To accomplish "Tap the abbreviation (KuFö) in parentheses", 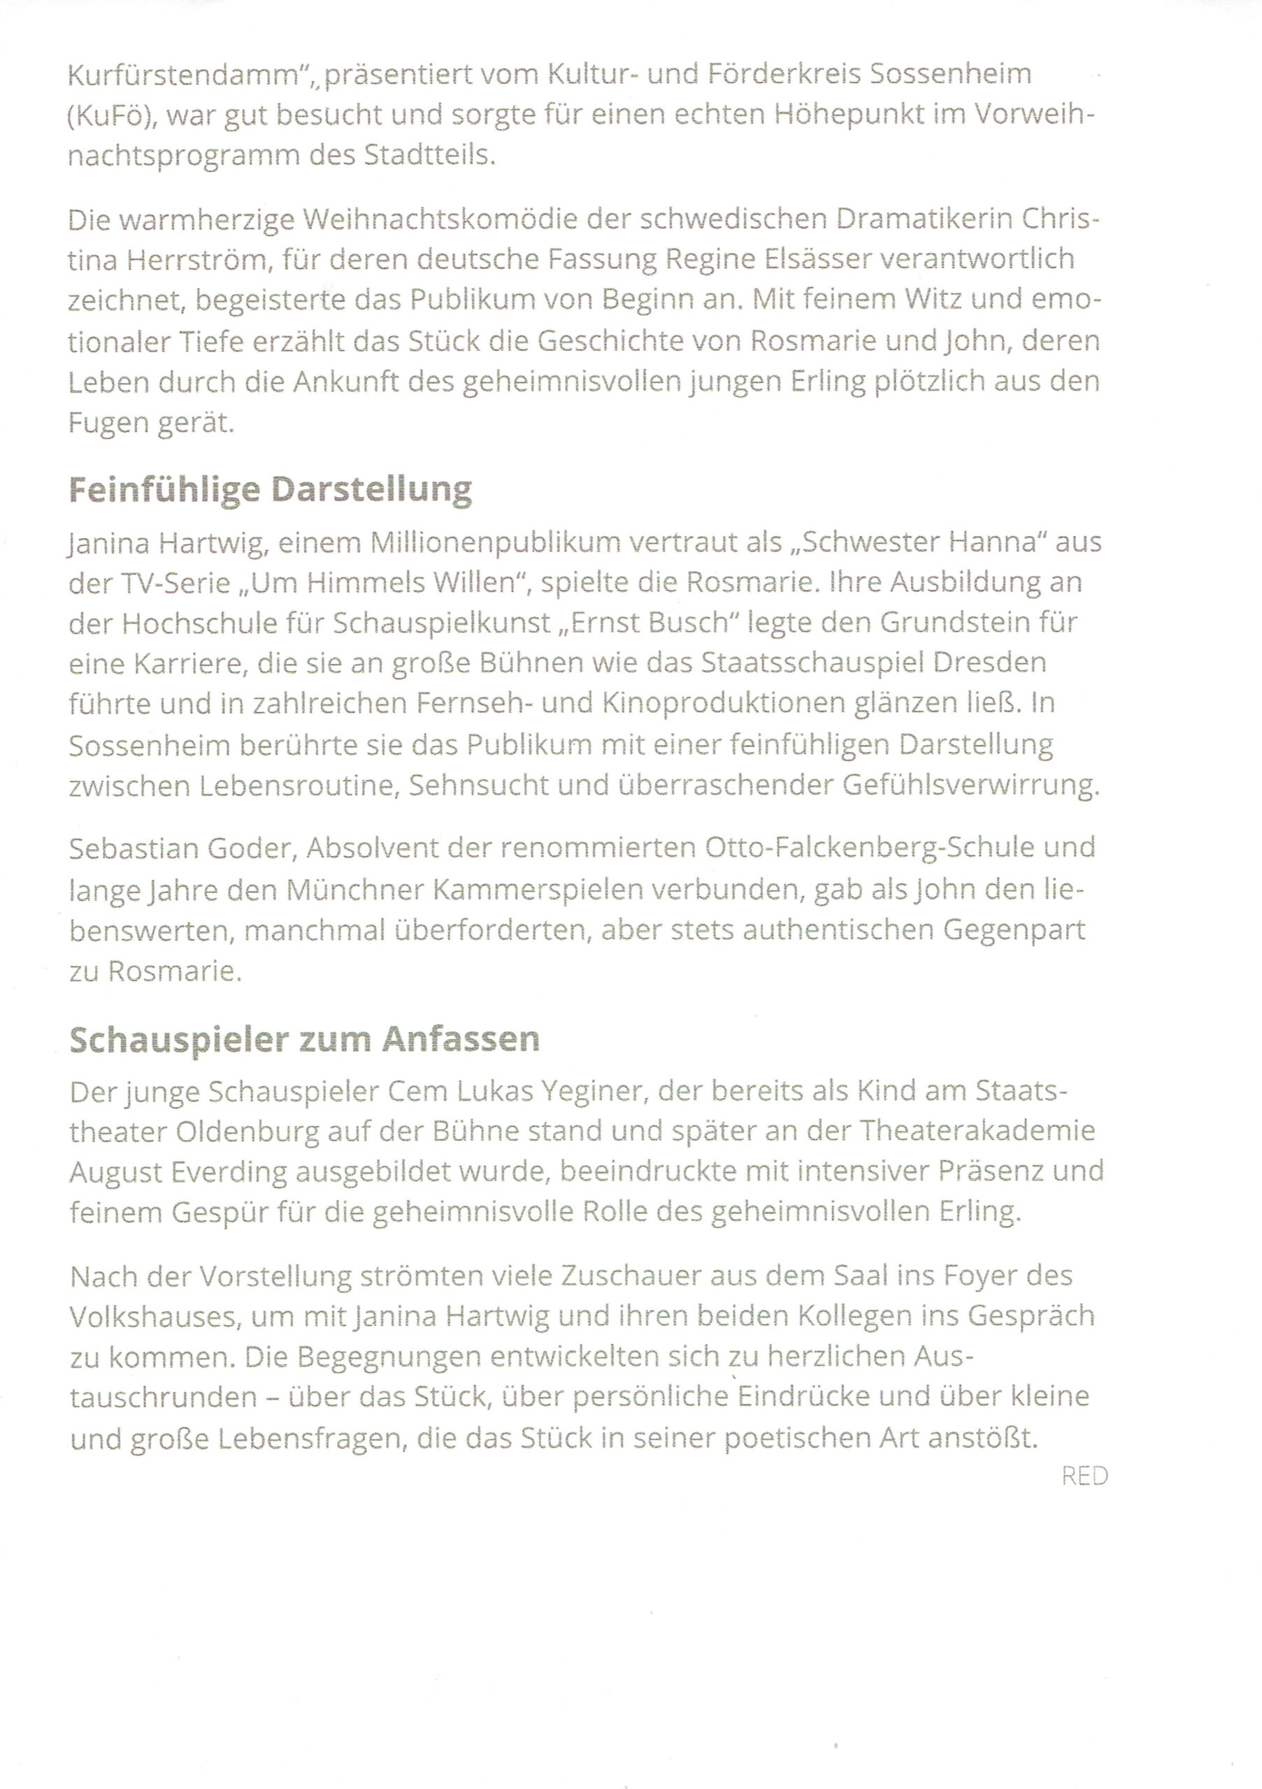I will click(x=113, y=116).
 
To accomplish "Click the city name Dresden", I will click(x=989, y=663).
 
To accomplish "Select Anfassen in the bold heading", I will click(x=461, y=1039).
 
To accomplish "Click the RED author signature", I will click(x=1084, y=1477).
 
